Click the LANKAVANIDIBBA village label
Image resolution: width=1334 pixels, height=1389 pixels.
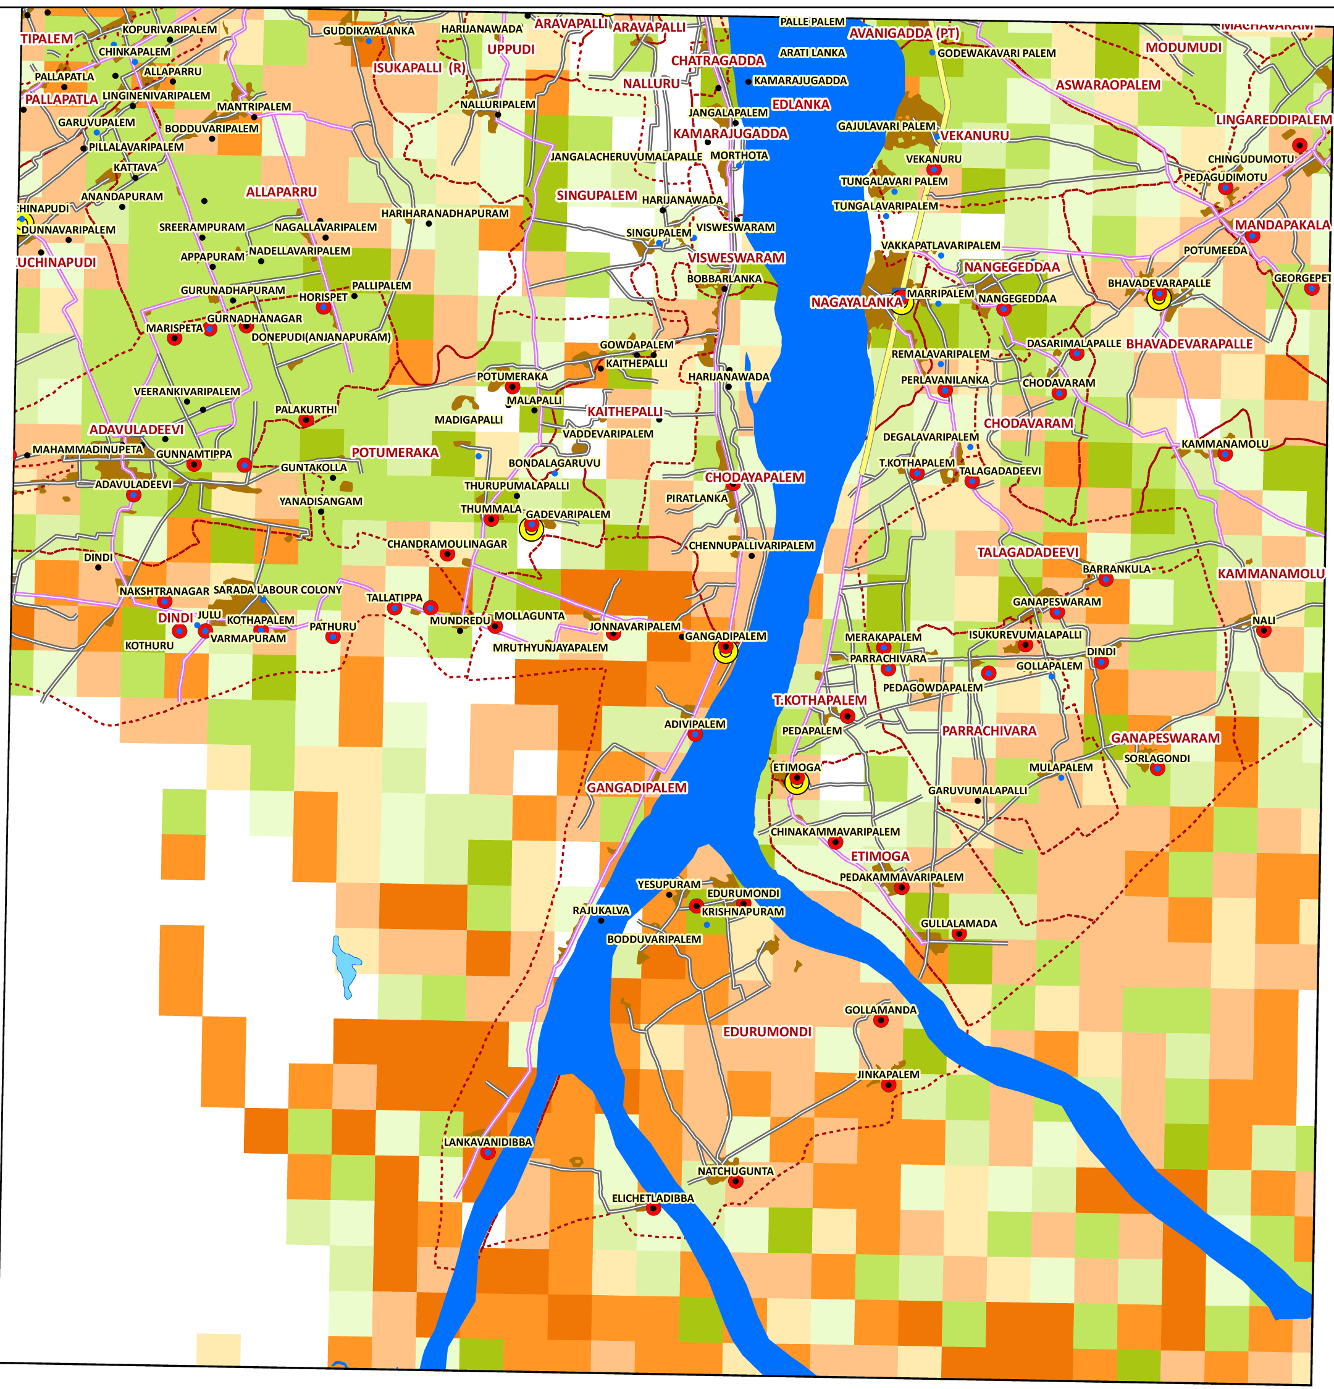488,1143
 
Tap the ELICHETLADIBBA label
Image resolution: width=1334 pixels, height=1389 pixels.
653,1198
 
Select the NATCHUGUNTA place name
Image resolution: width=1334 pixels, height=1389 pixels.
735,1172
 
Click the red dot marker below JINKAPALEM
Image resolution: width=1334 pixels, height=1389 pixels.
888,1085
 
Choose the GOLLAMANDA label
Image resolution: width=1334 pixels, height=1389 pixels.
880,1010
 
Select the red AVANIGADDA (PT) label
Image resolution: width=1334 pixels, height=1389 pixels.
904,33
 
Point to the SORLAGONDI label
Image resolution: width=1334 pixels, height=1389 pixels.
1157,758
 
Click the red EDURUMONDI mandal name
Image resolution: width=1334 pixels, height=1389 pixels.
767,1032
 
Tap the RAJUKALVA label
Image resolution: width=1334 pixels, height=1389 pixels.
601,910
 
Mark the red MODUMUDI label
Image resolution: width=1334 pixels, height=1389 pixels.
1184,48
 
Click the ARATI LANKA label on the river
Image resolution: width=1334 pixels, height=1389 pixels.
812,52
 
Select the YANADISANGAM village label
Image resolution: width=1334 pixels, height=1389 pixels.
321,501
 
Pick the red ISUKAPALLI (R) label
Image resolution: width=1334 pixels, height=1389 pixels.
419,68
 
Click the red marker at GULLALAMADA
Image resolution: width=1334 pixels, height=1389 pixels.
959,934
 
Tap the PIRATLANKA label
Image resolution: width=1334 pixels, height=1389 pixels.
697,498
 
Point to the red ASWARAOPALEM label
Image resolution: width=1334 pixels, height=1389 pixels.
1108,85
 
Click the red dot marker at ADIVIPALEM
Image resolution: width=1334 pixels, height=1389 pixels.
695,735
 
